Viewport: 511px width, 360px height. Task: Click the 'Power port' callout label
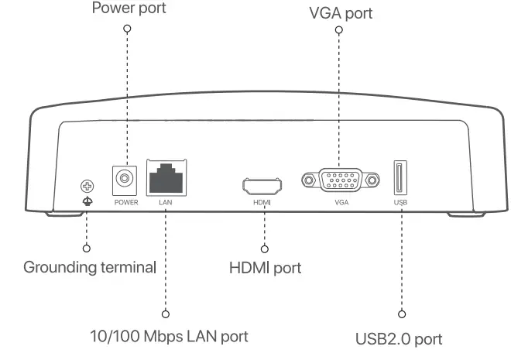click(129, 10)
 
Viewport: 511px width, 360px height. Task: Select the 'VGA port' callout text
click(339, 13)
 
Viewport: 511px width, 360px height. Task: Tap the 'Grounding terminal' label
click(90, 268)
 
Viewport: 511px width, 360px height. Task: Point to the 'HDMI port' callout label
click(266, 269)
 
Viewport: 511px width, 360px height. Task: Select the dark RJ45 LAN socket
click(165, 179)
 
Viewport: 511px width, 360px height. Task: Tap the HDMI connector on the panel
click(262, 186)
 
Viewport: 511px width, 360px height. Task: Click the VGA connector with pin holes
click(341, 181)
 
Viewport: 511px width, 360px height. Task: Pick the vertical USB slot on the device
click(399, 179)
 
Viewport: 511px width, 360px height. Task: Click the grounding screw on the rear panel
click(87, 186)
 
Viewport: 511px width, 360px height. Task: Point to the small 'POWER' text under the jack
click(125, 202)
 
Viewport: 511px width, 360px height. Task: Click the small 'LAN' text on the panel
click(165, 202)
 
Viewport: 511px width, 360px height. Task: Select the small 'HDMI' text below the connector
click(263, 202)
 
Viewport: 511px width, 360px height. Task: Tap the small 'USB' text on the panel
click(400, 202)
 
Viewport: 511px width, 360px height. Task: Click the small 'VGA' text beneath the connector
click(341, 202)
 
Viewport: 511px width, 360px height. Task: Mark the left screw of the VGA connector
click(310, 181)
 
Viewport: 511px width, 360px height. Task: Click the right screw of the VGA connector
click(373, 181)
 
